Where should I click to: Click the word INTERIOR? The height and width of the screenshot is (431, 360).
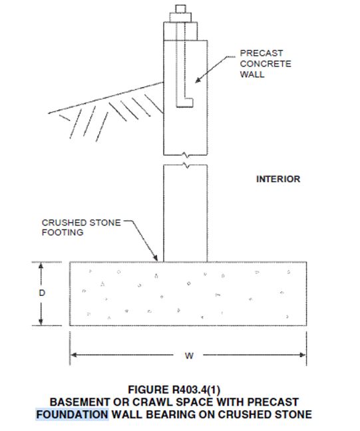pos(278,179)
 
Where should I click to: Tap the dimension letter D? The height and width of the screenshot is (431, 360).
pos(42,293)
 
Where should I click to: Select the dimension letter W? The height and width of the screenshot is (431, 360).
pos(189,356)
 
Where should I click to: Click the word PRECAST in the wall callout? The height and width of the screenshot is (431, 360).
pos(262,53)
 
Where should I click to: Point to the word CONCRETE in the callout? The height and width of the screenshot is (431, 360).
pos(266,63)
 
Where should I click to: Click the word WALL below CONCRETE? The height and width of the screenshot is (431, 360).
pos(252,74)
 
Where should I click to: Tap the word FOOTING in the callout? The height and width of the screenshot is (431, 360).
pos(63,232)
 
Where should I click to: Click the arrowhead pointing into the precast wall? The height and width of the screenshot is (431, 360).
pos(198,80)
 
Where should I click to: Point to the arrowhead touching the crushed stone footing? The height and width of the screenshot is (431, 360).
pos(156,258)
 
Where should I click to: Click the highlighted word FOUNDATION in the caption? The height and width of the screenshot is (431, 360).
pos(73,414)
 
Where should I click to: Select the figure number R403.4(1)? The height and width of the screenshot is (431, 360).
pos(196,390)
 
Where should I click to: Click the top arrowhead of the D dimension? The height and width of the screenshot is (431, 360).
pos(41,265)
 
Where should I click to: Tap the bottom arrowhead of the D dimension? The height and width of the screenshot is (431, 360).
pos(41,322)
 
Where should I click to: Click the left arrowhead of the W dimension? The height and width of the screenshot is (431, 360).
pos(73,355)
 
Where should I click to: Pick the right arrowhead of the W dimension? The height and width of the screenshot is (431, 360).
pos(303,355)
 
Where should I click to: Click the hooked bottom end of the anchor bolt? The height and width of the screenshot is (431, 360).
pos(184,102)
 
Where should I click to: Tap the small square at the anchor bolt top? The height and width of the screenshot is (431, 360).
pos(181,9)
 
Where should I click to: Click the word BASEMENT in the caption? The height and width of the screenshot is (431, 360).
pos(80,402)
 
